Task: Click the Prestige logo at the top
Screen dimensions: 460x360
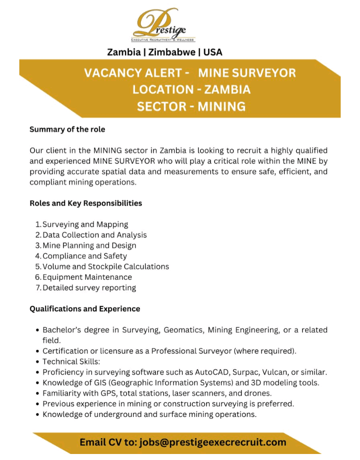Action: pyautogui.click(x=163, y=25)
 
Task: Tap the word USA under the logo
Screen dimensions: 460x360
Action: pyautogui.click(x=212, y=52)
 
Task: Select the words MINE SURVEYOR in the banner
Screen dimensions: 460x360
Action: pyautogui.click(x=247, y=73)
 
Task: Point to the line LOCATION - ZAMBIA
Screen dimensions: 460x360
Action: pyautogui.click(x=191, y=90)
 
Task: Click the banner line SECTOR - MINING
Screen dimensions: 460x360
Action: pyautogui.click(x=191, y=106)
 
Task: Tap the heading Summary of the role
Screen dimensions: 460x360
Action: pyautogui.click(x=67, y=129)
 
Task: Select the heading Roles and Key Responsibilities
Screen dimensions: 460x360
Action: pyautogui.click(x=85, y=203)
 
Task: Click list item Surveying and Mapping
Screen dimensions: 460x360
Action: pyautogui.click(x=85, y=224)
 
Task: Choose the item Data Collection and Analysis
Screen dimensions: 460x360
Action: pyautogui.click(x=94, y=235)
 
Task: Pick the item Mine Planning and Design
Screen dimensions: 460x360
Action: pyautogui.click(x=89, y=245)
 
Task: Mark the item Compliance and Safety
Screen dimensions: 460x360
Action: pyautogui.click(x=84, y=256)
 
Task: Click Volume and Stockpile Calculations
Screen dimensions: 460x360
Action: pyautogui.click(x=105, y=266)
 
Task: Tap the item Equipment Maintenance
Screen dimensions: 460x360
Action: pyautogui.click(x=87, y=277)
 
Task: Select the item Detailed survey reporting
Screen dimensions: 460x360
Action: pyautogui.click(x=89, y=287)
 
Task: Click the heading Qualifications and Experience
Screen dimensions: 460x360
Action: pyautogui.click(x=84, y=308)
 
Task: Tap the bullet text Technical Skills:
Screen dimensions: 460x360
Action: pyautogui.click(x=67, y=361)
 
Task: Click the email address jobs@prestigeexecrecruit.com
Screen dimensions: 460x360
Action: pyautogui.click(x=213, y=442)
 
